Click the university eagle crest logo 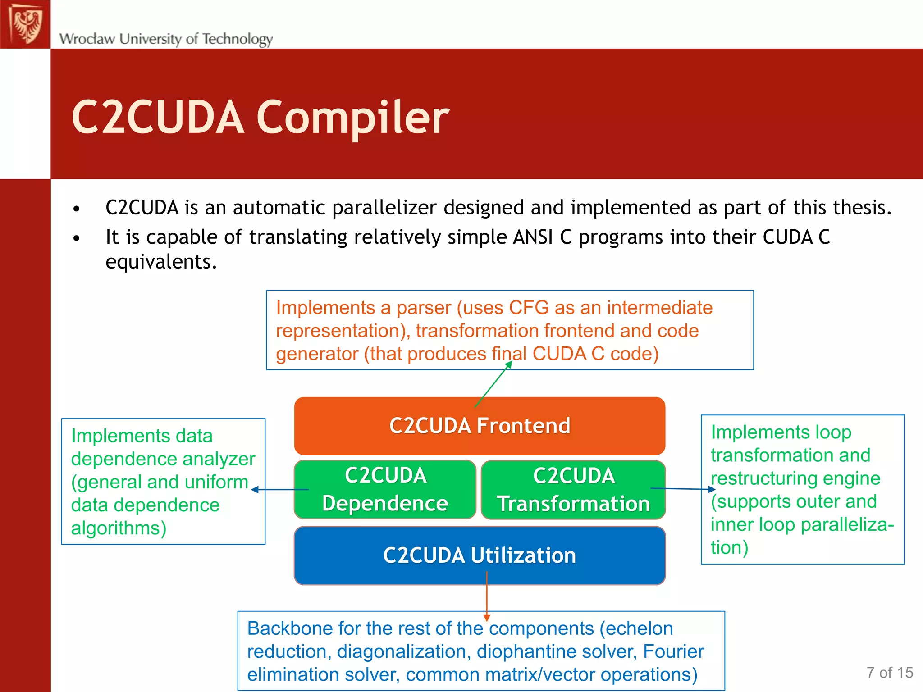click(x=26, y=24)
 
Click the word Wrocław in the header click(x=87, y=39)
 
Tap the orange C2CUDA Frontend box click(x=480, y=426)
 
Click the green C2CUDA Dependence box click(x=385, y=489)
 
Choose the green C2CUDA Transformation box click(x=573, y=490)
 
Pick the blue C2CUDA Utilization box click(x=480, y=555)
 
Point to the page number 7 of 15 click(x=889, y=673)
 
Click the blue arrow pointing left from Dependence click(x=279, y=490)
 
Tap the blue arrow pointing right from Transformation click(x=683, y=489)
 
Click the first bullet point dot click(x=77, y=209)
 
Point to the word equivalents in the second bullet click(x=161, y=262)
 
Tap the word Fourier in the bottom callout click(x=673, y=651)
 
